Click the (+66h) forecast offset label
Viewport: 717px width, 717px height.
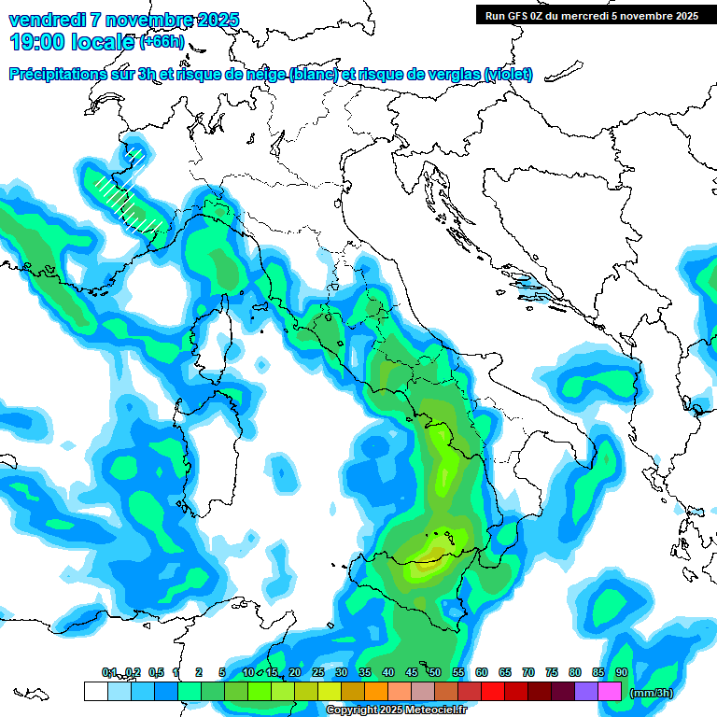[162, 42]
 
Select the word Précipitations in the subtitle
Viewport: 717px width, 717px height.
[63, 75]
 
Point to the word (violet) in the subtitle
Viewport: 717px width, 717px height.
[508, 75]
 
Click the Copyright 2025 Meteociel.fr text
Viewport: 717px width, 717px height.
[397, 710]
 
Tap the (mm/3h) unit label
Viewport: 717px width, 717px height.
[650, 693]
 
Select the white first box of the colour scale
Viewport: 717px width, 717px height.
[95, 692]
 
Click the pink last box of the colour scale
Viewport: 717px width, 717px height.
[610, 692]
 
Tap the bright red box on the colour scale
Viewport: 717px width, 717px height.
[493, 692]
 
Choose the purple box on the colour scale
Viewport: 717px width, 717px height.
[586, 692]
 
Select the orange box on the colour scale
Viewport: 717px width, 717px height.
[376, 692]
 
